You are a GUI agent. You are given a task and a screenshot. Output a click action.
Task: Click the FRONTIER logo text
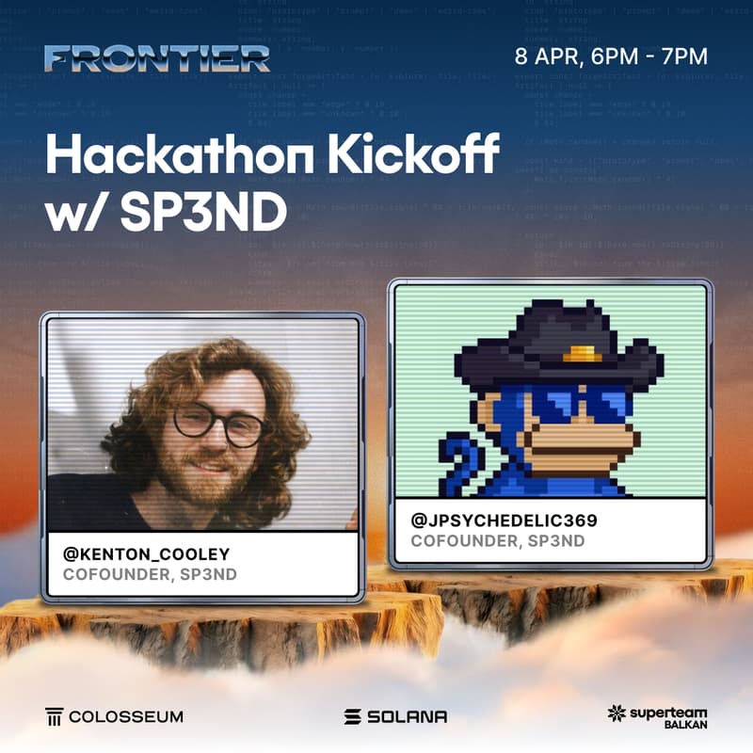point(157,57)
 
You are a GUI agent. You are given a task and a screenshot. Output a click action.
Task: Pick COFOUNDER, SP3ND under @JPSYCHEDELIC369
point(498,541)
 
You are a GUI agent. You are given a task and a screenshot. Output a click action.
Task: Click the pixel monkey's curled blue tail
point(457,458)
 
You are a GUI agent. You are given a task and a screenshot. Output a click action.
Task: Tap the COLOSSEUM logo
point(114,716)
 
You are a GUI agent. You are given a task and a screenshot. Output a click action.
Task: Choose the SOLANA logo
point(395,716)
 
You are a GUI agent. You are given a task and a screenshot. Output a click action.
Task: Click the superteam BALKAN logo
point(657,716)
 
